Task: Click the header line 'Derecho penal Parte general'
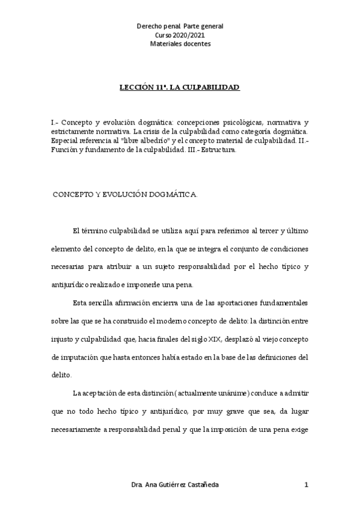point(180,27)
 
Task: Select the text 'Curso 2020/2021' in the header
point(180,35)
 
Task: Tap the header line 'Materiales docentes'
point(180,44)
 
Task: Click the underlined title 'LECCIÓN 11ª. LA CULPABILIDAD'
point(180,88)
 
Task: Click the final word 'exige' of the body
point(298,431)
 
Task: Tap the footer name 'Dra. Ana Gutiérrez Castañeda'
point(175,485)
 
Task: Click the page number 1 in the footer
point(306,485)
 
